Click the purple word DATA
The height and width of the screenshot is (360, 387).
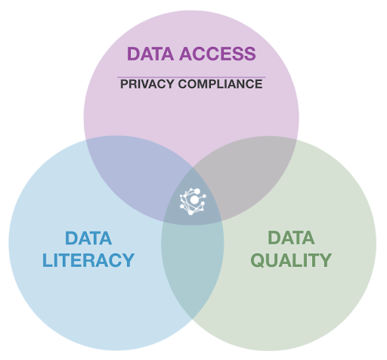click(150, 54)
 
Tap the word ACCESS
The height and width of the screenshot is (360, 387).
click(218, 54)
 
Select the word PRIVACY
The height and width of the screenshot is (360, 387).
click(147, 84)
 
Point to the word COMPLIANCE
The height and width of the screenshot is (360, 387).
click(221, 84)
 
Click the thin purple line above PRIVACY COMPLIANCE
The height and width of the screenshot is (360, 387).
click(191, 77)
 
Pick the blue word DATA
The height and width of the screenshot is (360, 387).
click(88, 238)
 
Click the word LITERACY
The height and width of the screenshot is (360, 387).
click(88, 260)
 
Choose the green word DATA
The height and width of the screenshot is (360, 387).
click(291, 237)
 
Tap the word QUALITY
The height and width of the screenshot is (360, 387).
click(291, 260)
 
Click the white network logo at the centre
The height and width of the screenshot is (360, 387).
click(193, 201)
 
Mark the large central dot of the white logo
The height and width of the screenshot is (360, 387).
click(194, 200)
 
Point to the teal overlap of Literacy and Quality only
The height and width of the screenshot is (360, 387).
click(192, 267)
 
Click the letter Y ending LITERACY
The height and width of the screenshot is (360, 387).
click(128, 260)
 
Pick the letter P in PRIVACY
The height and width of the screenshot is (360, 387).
click(124, 84)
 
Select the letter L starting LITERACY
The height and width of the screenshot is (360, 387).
click(48, 260)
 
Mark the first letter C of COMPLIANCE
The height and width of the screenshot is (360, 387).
click(183, 84)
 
